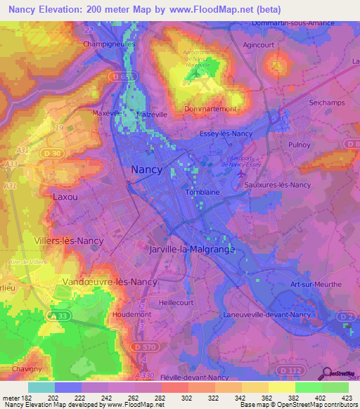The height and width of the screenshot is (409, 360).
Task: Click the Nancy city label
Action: click(x=147, y=169)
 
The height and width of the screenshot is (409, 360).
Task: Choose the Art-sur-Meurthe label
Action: click(x=315, y=284)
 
